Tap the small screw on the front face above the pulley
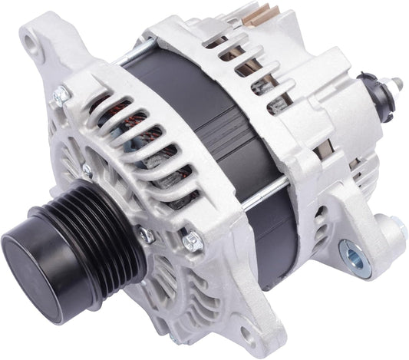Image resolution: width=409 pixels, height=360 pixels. pyautogui.click(x=87, y=170)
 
